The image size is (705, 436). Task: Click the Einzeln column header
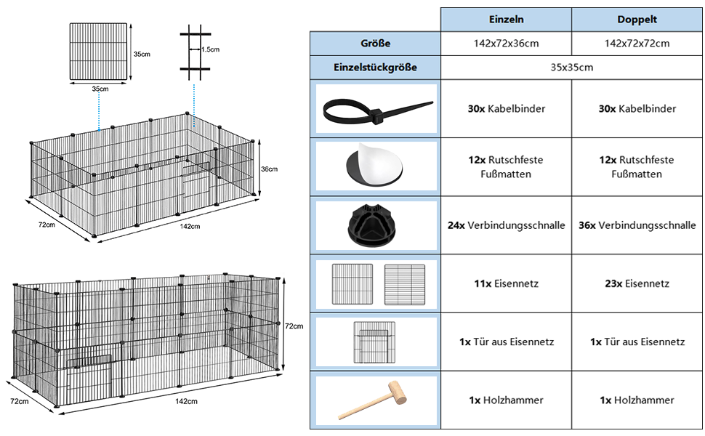pyautogui.click(x=506, y=20)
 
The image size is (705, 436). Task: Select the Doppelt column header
pyautogui.click(x=637, y=20)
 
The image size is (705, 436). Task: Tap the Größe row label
pyautogui.click(x=375, y=44)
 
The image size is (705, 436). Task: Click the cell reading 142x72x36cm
pyautogui.click(x=506, y=44)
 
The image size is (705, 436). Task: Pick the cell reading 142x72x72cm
pyautogui.click(x=637, y=44)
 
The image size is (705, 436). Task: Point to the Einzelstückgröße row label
pyautogui.click(x=375, y=68)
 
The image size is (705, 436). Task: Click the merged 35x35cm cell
pyautogui.click(x=571, y=68)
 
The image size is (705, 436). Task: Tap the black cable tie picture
pyautogui.click(x=377, y=110)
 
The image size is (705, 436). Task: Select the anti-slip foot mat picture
pyautogui.click(x=376, y=166)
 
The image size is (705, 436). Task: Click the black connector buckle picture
pyautogui.click(x=376, y=225)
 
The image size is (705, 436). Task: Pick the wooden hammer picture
pyautogui.click(x=376, y=400)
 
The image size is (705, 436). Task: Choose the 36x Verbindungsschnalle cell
pyautogui.click(x=637, y=225)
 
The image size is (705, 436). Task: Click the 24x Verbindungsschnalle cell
pyautogui.click(x=506, y=225)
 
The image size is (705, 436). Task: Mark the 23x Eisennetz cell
pyautogui.click(x=637, y=283)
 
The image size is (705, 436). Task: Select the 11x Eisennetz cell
pyautogui.click(x=506, y=283)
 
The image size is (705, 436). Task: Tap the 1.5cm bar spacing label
pyautogui.click(x=210, y=49)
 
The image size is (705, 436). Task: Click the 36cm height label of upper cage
pyautogui.click(x=269, y=169)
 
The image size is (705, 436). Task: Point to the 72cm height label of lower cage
pyautogui.click(x=294, y=326)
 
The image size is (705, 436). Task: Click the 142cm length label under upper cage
pyautogui.click(x=190, y=227)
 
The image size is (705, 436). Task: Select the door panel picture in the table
pyautogui.click(x=376, y=342)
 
